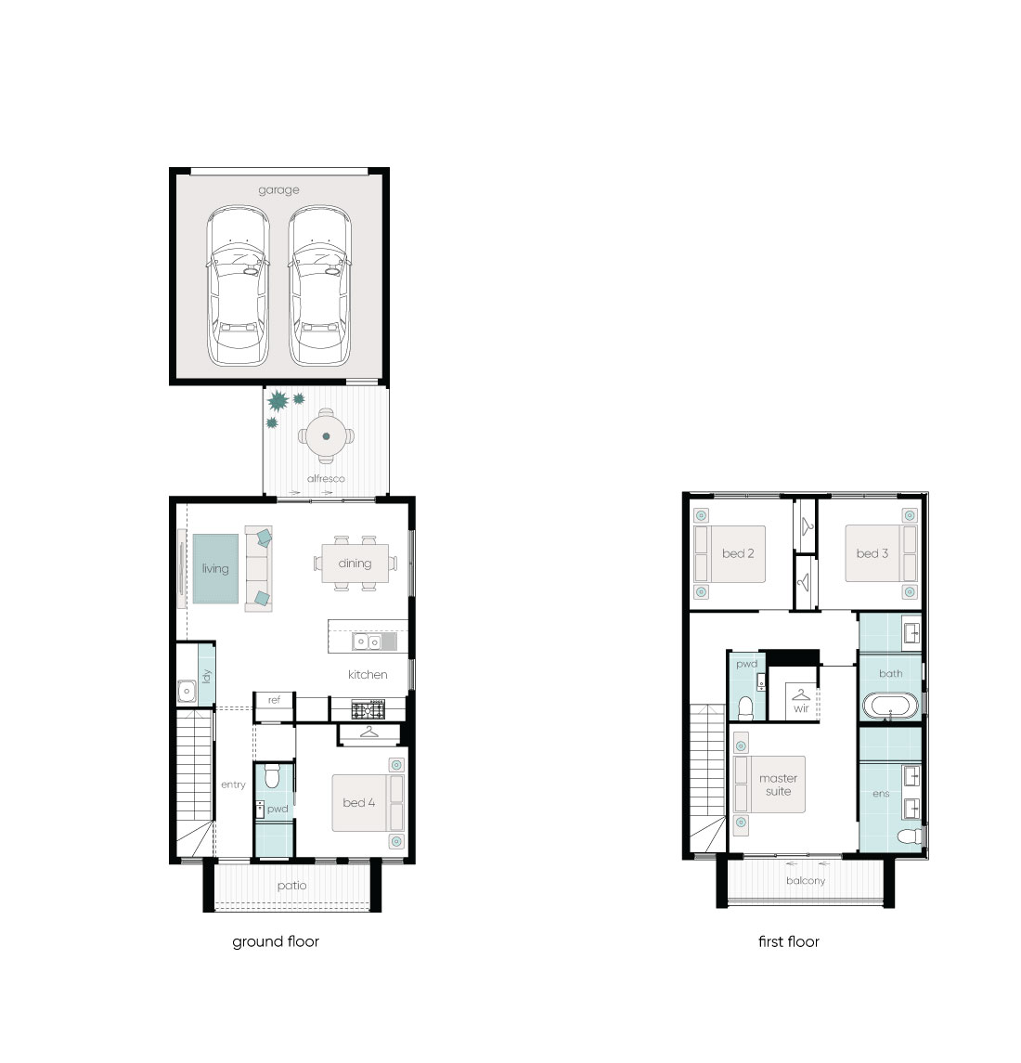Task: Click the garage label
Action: (x=278, y=190)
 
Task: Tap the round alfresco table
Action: (x=326, y=436)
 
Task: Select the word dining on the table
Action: (x=355, y=564)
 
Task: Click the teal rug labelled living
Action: (x=215, y=569)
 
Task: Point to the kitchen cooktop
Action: (x=368, y=710)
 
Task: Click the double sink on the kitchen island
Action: (x=368, y=642)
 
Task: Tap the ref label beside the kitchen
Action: (x=274, y=700)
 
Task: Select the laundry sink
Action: (x=187, y=691)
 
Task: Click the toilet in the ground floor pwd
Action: (x=272, y=775)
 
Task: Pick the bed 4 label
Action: (x=358, y=803)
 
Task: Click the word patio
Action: (x=291, y=886)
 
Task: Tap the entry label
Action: (x=233, y=785)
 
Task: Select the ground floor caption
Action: (x=276, y=941)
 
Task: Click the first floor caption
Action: (x=788, y=941)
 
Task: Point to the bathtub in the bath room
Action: (x=890, y=706)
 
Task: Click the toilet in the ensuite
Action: (x=910, y=836)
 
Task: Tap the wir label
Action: (x=801, y=708)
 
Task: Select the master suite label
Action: (x=779, y=785)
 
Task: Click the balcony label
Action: (x=806, y=881)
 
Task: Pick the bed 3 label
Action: (x=872, y=554)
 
